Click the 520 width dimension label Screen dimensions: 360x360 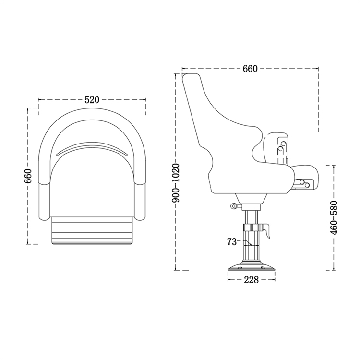pyautogui.click(x=92, y=100)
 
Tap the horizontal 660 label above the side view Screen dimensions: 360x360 pyautogui.click(x=250, y=69)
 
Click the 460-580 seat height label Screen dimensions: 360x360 pyautogui.click(x=335, y=217)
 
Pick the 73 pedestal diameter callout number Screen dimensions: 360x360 pyautogui.click(x=231, y=242)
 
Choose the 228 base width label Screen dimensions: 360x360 pyautogui.click(x=251, y=280)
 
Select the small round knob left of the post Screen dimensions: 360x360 pyautogui.click(x=234, y=206)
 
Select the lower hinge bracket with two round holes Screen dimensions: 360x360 pyautogui.click(x=304, y=183)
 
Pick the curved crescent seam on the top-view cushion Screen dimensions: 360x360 pyautogui.click(x=92, y=147)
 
